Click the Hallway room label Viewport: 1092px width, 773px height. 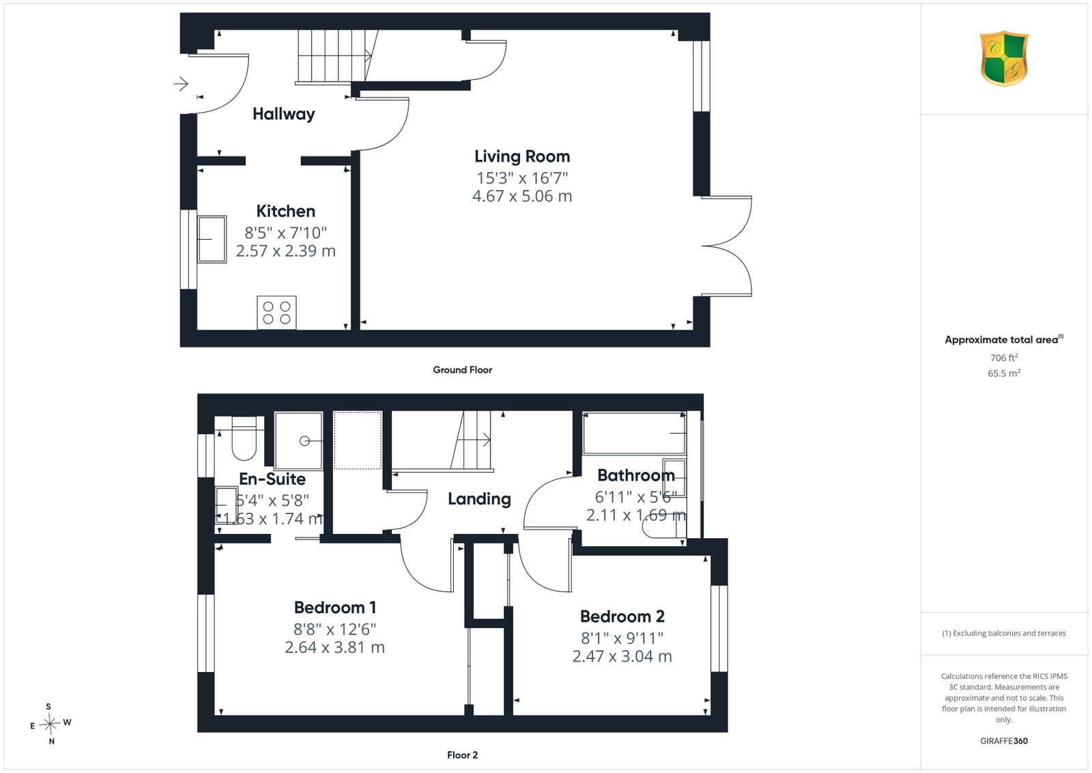tap(283, 114)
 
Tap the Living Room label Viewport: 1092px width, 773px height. tap(522, 156)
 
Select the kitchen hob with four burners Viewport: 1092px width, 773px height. tap(276, 313)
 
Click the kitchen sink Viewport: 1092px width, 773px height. tap(212, 240)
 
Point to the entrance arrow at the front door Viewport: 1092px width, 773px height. tap(181, 84)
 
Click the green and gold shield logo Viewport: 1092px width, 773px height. tap(1004, 59)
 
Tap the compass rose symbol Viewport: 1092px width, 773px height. tap(51, 724)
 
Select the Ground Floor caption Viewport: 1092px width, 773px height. tap(462, 369)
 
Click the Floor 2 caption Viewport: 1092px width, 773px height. tap(462, 755)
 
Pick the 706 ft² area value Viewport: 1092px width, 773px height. tap(1004, 358)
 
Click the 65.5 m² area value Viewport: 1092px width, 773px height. tap(1004, 373)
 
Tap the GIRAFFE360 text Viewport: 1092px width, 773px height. tap(1004, 741)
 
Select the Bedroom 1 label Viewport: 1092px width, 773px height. tap(335, 608)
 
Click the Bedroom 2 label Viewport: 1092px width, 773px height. tap(622, 617)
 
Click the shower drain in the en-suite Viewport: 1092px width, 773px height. tap(304, 441)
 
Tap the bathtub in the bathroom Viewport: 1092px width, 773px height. tap(634, 433)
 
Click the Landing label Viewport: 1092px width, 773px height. tap(479, 499)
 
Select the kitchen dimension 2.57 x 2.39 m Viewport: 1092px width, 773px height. tap(286, 251)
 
